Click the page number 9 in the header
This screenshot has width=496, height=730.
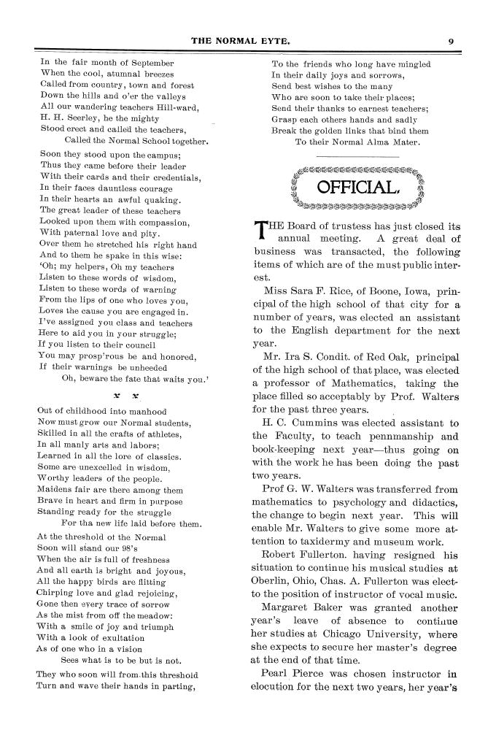[452, 42]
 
